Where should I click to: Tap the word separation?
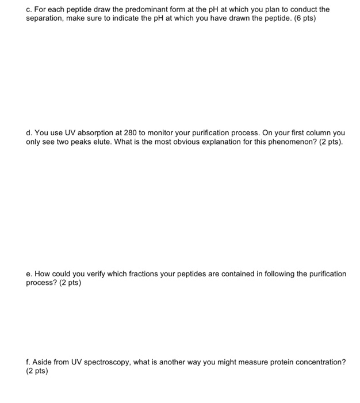coord(45,18)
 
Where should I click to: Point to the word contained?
coord(221,274)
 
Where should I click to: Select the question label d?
coord(29,132)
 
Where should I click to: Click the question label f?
coord(28,362)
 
